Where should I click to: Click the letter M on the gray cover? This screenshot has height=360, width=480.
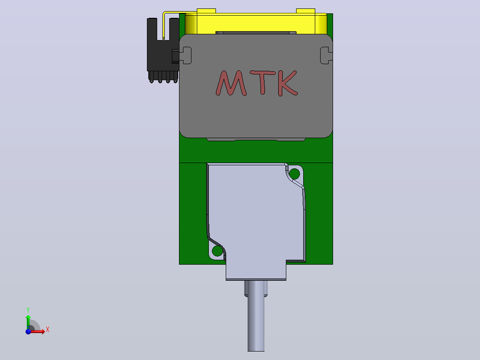click(231, 83)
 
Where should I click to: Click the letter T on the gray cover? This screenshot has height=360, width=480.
click(263, 82)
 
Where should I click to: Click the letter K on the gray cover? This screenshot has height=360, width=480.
click(288, 83)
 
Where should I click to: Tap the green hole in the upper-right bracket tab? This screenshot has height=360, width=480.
click(294, 174)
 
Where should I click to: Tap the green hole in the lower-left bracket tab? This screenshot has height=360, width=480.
click(217, 251)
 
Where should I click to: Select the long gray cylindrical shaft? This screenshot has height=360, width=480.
click(256, 316)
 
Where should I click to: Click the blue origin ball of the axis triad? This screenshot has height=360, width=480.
click(28, 331)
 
